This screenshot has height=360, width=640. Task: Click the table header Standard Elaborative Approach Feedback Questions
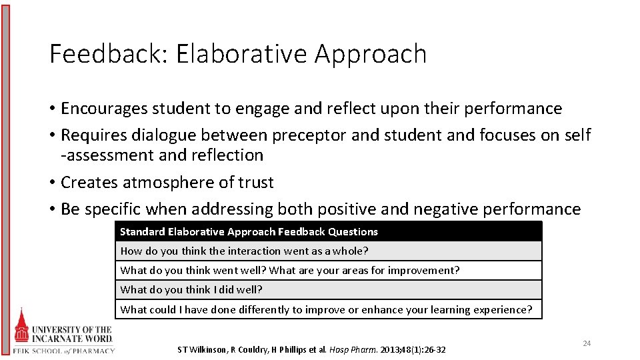249,232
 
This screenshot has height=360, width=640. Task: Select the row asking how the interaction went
244,251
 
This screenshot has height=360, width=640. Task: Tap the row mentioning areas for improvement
290,271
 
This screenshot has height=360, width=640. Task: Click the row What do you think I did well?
191,290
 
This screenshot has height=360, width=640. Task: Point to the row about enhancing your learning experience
326,309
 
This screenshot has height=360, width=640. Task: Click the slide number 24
587,343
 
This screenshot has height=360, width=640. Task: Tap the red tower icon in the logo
23,327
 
